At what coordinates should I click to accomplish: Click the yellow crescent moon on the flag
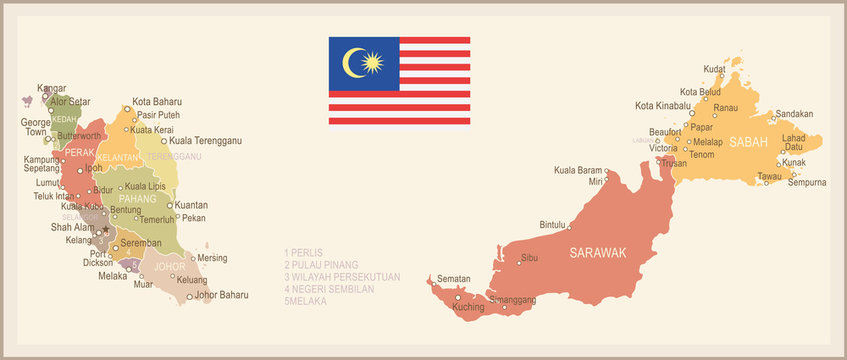[x=351, y=64]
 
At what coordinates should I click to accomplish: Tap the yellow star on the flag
[x=373, y=64]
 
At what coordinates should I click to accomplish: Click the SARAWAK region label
[x=597, y=253]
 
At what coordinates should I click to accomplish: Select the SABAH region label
[x=748, y=142]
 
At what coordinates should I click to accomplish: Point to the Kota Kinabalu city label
[x=663, y=106]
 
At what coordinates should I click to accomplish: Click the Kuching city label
[x=468, y=307]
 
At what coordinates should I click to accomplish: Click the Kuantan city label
[x=191, y=205]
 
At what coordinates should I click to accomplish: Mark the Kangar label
[x=51, y=88]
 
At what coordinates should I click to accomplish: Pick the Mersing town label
[x=212, y=257]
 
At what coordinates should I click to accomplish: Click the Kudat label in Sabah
[x=714, y=69]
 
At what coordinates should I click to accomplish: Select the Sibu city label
[x=530, y=259]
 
